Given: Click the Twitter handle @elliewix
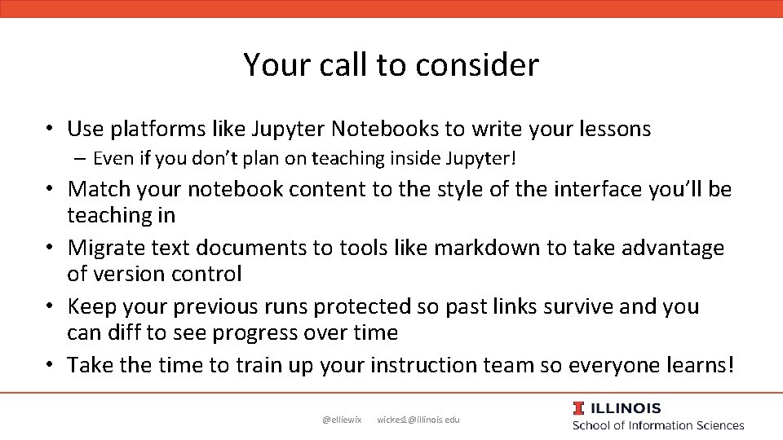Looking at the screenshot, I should pyautogui.click(x=342, y=420).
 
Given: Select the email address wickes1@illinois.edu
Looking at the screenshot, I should pyautogui.click(x=418, y=420).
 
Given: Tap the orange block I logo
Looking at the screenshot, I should pyautogui.click(x=578, y=408).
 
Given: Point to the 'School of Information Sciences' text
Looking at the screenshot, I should pyautogui.click(x=658, y=425).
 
